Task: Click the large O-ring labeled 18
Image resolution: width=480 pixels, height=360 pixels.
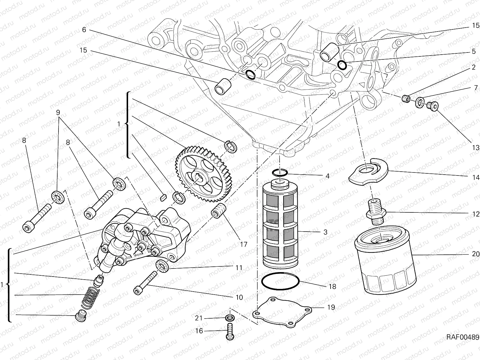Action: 280,281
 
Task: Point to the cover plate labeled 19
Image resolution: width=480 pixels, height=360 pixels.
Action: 282,312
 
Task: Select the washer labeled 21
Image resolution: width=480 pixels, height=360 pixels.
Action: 230,318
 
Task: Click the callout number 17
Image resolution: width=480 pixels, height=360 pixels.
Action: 244,244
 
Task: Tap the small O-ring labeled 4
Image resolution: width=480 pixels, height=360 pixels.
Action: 280,172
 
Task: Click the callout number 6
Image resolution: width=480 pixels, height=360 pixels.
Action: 84,29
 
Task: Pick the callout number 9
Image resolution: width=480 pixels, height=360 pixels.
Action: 58,112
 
